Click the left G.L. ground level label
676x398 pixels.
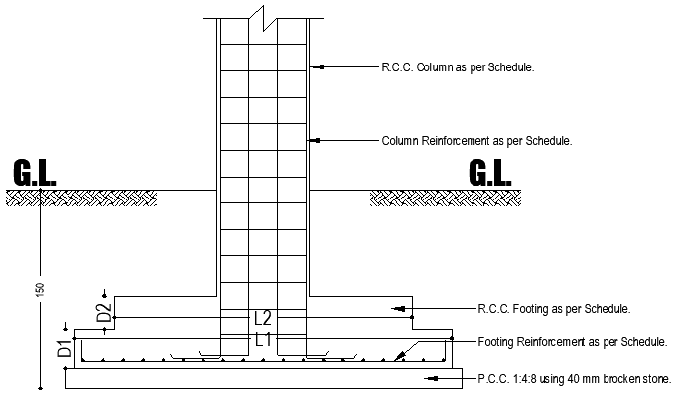(35, 173)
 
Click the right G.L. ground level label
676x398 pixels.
(490, 173)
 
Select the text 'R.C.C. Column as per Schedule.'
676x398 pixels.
(458, 67)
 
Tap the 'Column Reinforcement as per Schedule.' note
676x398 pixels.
(476, 141)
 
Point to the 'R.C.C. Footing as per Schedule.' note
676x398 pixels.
(554, 309)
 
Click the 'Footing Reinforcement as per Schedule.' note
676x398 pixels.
(573, 342)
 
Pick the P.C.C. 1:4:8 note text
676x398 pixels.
(575, 379)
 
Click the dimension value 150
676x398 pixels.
(40, 290)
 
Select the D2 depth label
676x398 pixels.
(104, 313)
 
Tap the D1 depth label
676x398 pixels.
(65, 348)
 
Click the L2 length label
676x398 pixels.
(263, 318)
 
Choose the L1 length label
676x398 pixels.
(263, 339)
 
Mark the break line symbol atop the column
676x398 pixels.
(263, 19)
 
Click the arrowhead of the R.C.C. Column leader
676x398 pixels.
(317, 66)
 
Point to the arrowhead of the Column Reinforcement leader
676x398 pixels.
(314, 140)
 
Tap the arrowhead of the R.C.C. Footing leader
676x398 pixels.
(398, 309)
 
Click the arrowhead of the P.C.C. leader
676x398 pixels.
(431, 378)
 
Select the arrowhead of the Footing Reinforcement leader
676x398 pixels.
(400, 355)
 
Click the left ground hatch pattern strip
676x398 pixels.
(81, 199)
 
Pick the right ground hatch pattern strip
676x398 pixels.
(446, 199)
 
